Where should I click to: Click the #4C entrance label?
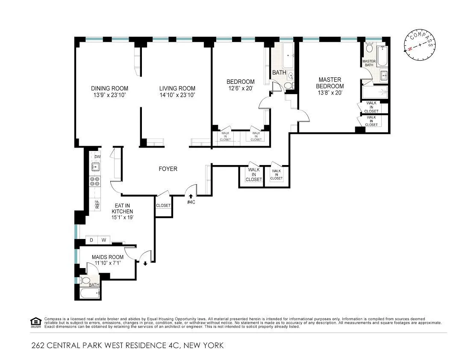(x=191, y=202)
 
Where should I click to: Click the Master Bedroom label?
(x=330, y=83)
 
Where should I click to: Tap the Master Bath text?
(x=369, y=63)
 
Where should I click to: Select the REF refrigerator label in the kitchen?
(x=97, y=204)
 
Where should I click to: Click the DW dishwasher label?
(x=97, y=156)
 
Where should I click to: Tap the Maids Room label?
(x=108, y=257)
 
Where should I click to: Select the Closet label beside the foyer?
(x=163, y=206)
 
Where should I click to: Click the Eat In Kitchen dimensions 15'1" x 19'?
(x=123, y=217)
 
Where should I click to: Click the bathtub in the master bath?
(x=382, y=55)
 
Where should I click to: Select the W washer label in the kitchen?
(x=103, y=240)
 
